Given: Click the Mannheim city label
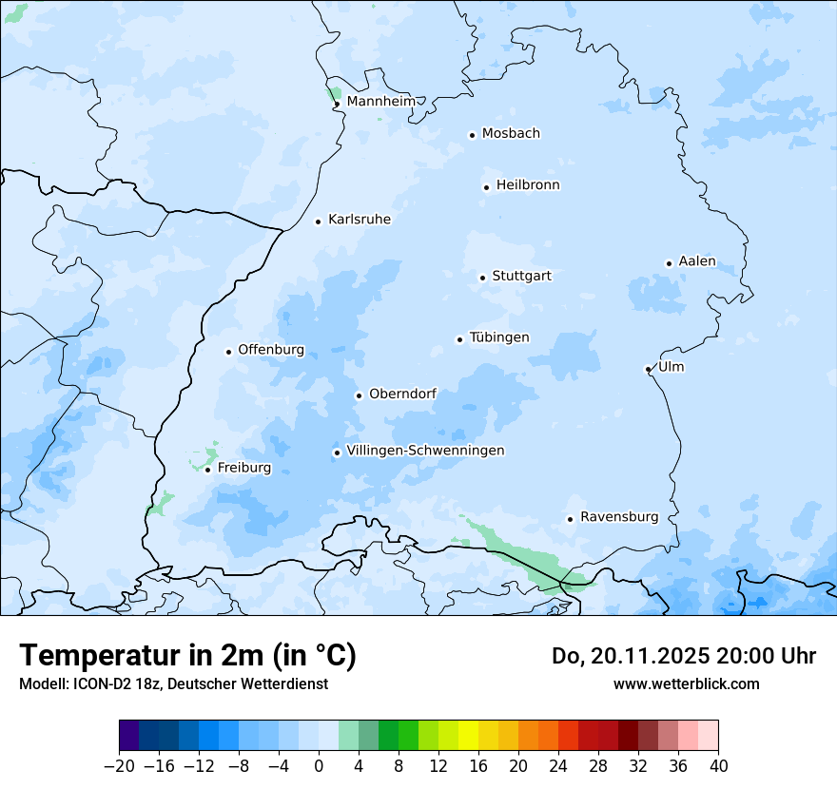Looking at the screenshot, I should pos(380,101).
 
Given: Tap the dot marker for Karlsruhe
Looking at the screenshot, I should pos(319,221).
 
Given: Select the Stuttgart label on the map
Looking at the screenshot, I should pos(521,276).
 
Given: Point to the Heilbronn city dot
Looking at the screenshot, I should pos(486,187).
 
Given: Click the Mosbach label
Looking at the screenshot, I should pos(511,133).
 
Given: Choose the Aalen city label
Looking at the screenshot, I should pos(697,261).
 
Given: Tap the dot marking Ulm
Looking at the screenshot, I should pos(648,369).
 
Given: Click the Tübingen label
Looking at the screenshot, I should pos(499,337).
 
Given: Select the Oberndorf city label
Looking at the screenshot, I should pos(402,394).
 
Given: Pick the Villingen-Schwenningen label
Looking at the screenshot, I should pos(425,451).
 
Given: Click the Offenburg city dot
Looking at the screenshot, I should pos(229,352).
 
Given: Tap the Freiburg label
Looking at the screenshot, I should pos(243,468).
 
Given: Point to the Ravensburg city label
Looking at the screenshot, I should pos(618,517).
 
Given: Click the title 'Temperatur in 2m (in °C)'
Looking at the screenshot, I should pos(187,655).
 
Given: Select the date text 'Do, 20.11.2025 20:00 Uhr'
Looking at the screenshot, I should pos(683,656).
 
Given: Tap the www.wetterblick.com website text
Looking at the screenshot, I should pos(686,683).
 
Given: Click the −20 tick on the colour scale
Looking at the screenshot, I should pos(120,765).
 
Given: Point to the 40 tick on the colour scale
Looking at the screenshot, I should pos(718,765).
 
